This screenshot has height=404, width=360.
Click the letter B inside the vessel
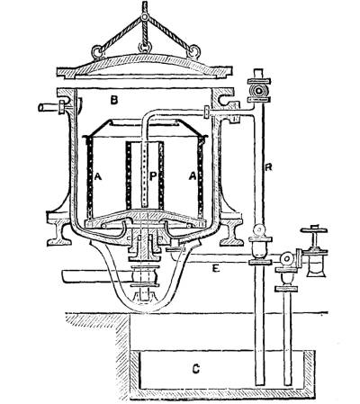pyautogui.click(x=113, y=100)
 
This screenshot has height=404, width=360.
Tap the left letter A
pyautogui.click(x=98, y=177)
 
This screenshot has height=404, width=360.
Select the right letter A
pyautogui.click(x=193, y=177)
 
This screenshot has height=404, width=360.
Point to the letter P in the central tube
pyautogui.click(x=153, y=177)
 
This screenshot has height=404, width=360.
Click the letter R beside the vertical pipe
pyautogui.click(x=268, y=167)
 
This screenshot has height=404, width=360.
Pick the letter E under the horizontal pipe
pyautogui.click(x=216, y=268)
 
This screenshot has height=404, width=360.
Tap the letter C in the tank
pyautogui.click(x=195, y=369)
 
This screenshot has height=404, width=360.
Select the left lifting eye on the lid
pyautogui.click(x=97, y=51)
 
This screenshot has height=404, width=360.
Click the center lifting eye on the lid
pyautogui.click(x=145, y=48)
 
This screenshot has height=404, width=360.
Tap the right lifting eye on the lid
pyautogui.click(x=193, y=51)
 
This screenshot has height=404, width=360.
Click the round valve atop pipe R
pyautogui.click(x=258, y=90)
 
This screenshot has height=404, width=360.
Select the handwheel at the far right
pyautogui.click(x=314, y=230)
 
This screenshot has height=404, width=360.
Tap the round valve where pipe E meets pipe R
pyautogui.click(x=260, y=230)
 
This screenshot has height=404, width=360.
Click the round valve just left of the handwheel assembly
pyautogui.click(x=286, y=258)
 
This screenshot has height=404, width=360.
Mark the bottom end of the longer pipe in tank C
pyautogui.click(x=260, y=384)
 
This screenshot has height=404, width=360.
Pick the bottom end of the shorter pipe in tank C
pyautogui.click(x=288, y=384)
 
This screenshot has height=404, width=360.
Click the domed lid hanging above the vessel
pyautogui.click(x=145, y=68)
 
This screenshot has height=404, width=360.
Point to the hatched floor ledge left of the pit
pyautogui.click(x=97, y=321)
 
